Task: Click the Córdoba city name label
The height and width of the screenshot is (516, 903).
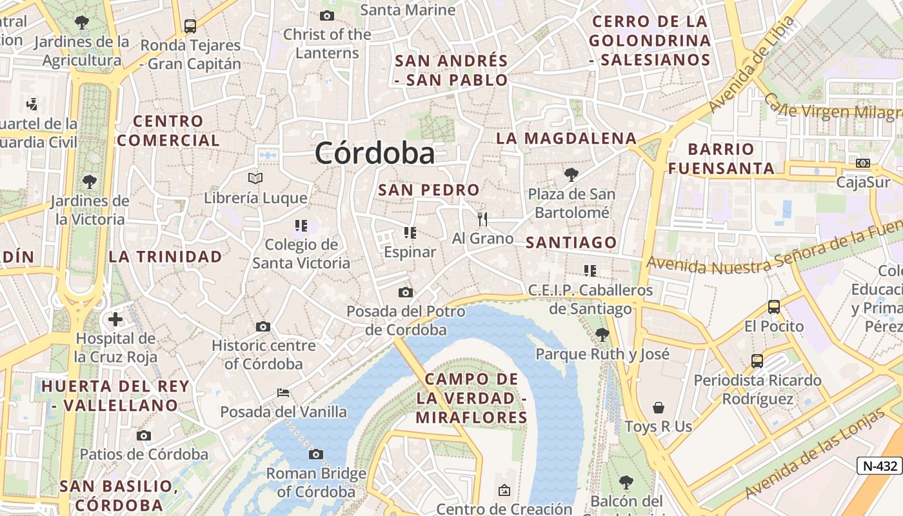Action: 375,154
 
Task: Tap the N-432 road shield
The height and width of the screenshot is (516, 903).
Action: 879,465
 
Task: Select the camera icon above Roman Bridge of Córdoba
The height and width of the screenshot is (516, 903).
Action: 315,454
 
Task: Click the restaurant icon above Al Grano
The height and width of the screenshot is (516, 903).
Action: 482,219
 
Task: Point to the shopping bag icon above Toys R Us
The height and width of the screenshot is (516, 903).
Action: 659,408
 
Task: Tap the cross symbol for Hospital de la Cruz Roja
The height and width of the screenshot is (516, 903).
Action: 115,319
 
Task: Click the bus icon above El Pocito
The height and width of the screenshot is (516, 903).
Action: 774,307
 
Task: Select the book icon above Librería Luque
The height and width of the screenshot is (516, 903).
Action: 255,178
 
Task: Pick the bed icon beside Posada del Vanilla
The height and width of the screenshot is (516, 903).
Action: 283,392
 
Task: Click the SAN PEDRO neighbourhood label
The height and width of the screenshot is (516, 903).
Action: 429,190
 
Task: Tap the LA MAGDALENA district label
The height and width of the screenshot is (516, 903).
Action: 566,138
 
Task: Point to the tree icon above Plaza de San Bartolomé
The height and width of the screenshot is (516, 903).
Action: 571,174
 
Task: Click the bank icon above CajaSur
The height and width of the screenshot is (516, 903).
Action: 863,163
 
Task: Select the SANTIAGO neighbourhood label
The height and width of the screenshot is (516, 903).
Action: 571,243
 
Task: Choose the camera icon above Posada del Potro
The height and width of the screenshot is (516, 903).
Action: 405,293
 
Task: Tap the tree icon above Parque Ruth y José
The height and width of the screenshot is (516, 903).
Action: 602,334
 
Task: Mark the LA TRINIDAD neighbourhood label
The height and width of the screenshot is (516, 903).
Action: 165,257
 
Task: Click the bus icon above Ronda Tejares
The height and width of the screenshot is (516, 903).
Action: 190,26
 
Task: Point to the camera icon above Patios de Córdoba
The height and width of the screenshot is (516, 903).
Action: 144,435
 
